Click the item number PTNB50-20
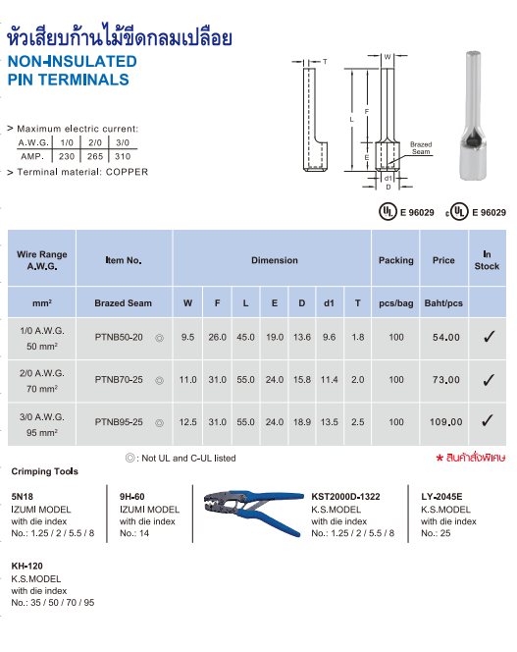[119, 338]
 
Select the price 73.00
[446, 380]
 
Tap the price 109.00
[446, 422]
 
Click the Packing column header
[396, 260]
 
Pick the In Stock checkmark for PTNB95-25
[488, 421]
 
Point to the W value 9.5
[187, 338]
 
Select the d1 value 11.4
[330, 380]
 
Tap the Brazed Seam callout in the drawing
[421, 148]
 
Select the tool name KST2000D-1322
[351, 498]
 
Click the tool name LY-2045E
[442, 498]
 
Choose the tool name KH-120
[27, 568]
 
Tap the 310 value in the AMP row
[123, 155]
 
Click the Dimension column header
[275, 260]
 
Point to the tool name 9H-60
[132, 498]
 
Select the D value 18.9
[302, 422]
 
